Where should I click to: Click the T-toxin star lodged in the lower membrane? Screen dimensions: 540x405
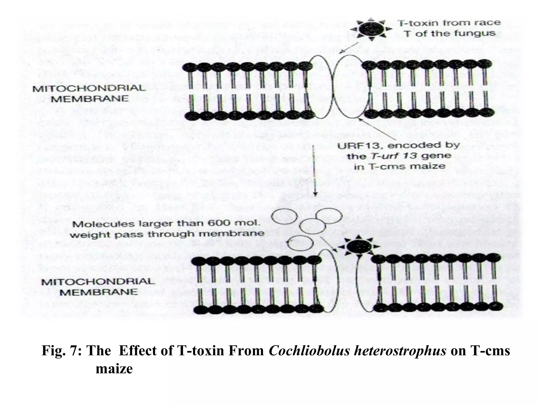(359, 247)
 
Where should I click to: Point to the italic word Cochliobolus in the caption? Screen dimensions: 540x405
(309, 351)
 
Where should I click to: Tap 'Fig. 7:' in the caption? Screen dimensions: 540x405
(62, 351)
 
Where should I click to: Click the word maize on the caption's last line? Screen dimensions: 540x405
(114, 369)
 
